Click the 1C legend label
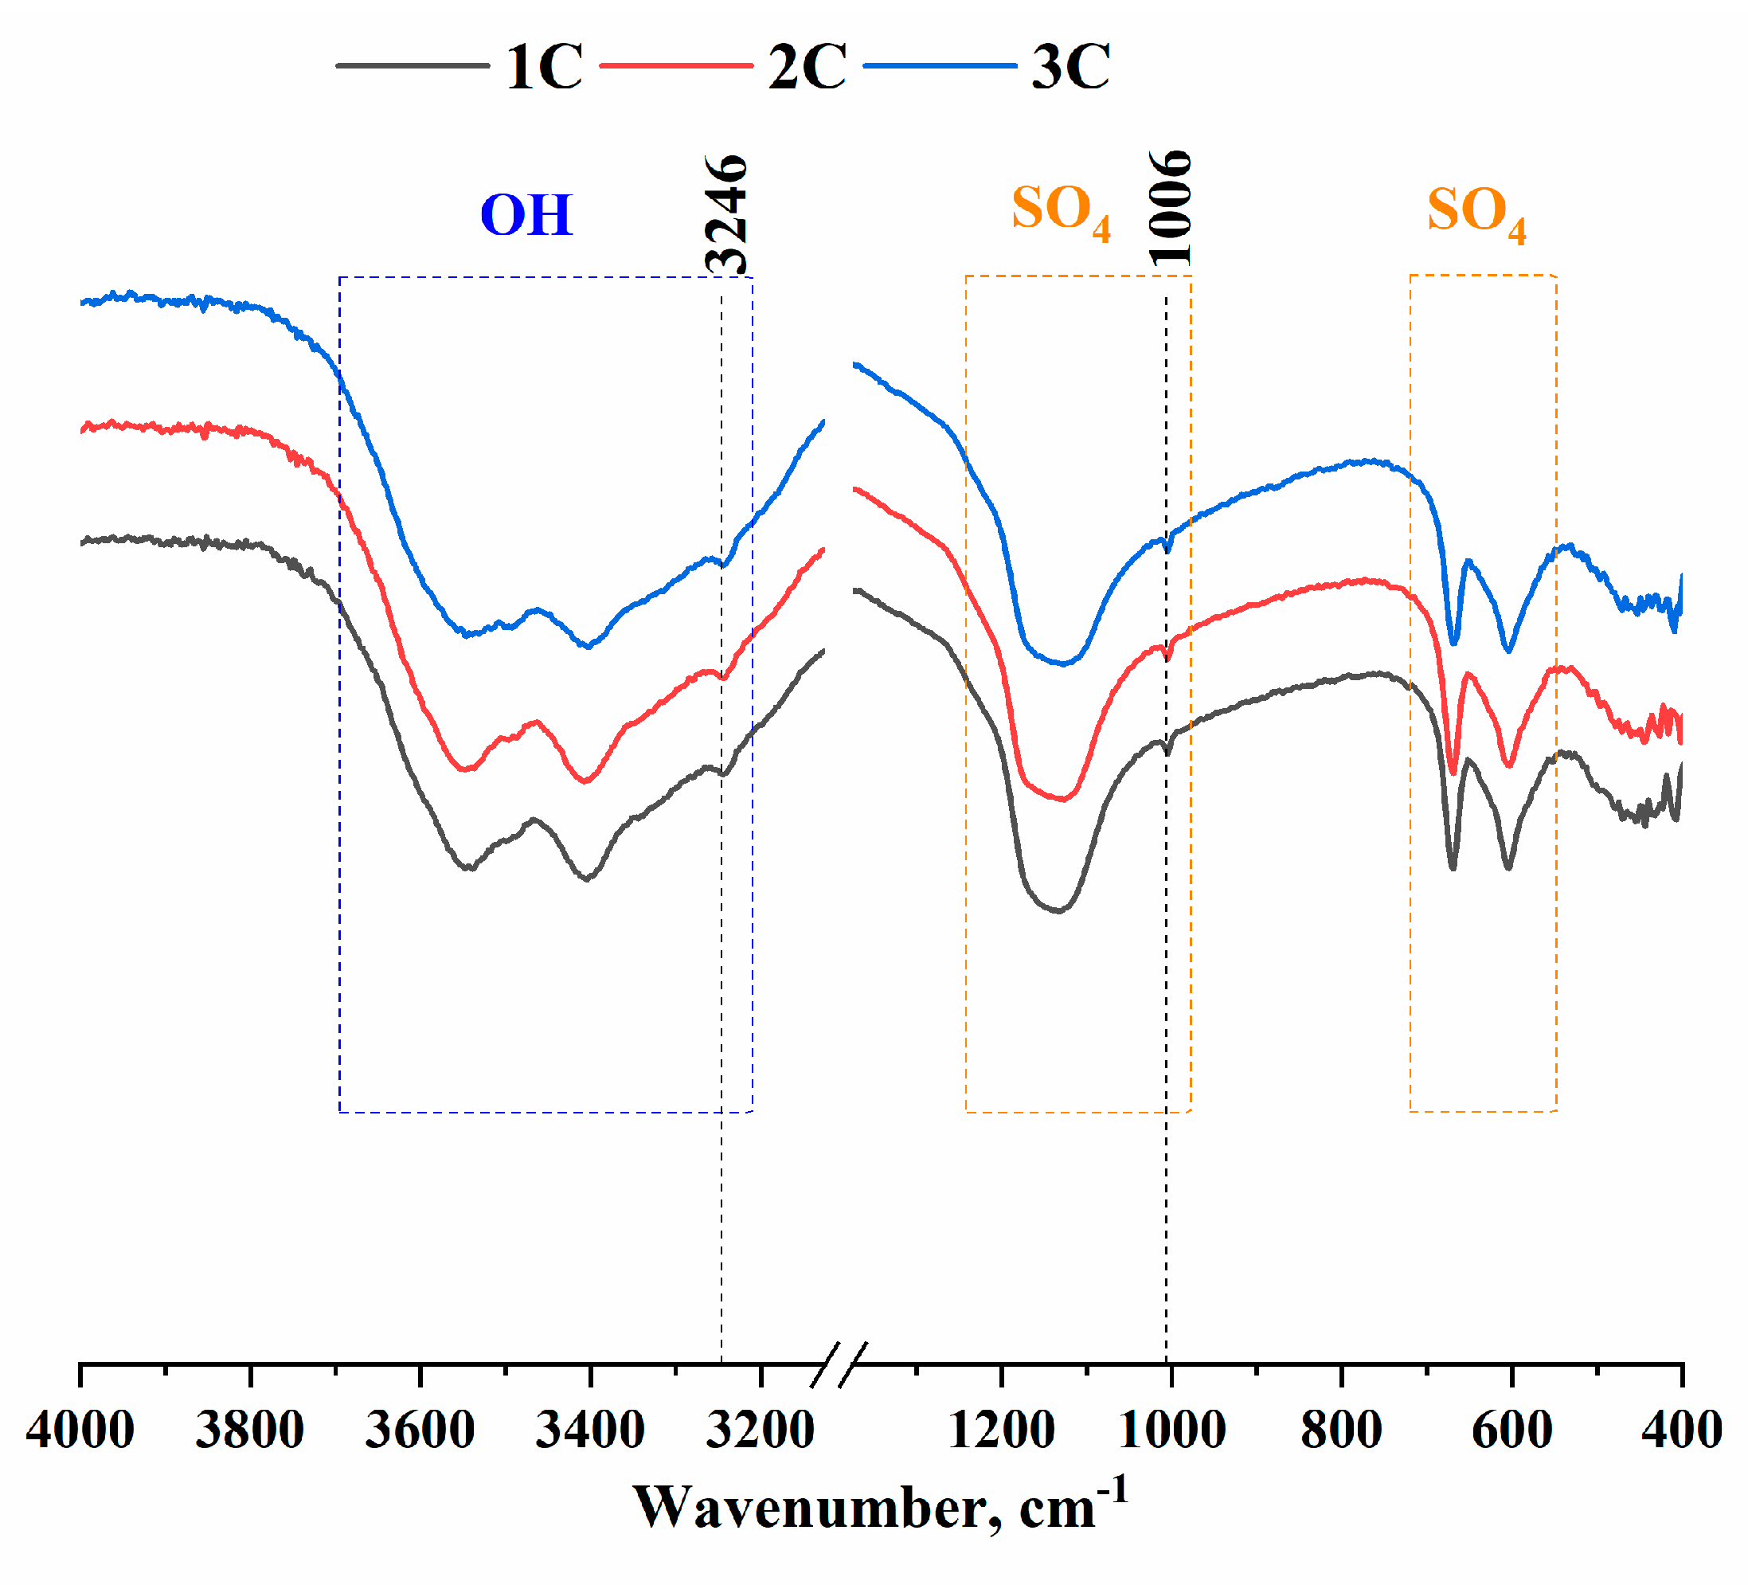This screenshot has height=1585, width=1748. tap(545, 67)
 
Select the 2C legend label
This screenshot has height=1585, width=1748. tap(808, 67)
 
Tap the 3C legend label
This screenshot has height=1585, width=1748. tap(1071, 67)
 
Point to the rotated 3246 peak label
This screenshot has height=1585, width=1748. tap(726, 214)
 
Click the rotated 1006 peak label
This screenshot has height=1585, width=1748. tap(1171, 208)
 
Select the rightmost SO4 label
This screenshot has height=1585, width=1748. tap(1476, 213)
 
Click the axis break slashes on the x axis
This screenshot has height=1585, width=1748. tap(840, 1364)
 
